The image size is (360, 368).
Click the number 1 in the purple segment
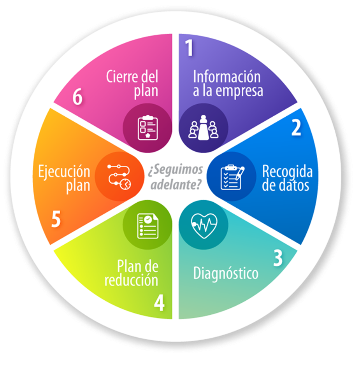tap(189, 48)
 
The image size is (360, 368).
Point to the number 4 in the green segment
tap(159, 303)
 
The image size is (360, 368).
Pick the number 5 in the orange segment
tap(56, 220)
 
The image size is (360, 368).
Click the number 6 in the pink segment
tap(77, 97)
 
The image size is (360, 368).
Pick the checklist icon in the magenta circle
tap(148, 128)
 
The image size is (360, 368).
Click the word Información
tap(227, 77)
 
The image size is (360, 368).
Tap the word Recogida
tap(287, 172)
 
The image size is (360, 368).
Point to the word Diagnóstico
tap(226, 273)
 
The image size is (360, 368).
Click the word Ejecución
tap(64, 172)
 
